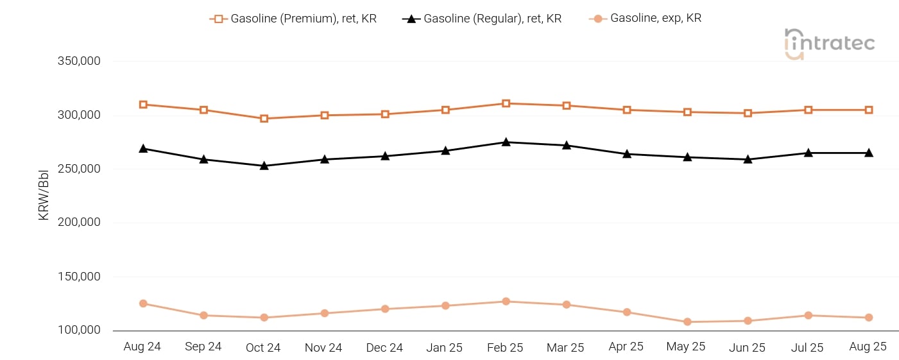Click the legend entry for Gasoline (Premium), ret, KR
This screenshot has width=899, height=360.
[x=293, y=19]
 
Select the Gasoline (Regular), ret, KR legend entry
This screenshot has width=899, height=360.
[x=482, y=19]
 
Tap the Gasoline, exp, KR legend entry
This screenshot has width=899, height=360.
[x=645, y=19]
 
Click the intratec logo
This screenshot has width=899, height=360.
[x=829, y=44]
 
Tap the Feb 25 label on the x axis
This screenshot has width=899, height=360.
[x=505, y=347]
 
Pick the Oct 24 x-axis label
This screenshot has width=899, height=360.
[x=263, y=347]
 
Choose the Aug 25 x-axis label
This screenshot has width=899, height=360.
[x=868, y=347]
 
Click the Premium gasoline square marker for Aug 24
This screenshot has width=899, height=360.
[x=143, y=105]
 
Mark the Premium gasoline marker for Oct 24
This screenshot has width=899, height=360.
[x=264, y=119]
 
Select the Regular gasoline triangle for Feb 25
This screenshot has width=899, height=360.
[x=506, y=142]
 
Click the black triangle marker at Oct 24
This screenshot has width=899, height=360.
[x=264, y=166]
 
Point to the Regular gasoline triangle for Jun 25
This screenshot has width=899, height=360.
[x=748, y=159]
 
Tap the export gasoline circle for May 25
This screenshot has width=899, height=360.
[x=687, y=321]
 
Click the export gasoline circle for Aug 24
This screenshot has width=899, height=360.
[x=143, y=304]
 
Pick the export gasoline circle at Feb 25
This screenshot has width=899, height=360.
[x=506, y=301]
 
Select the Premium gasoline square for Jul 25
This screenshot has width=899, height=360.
[x=808, y=110]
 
